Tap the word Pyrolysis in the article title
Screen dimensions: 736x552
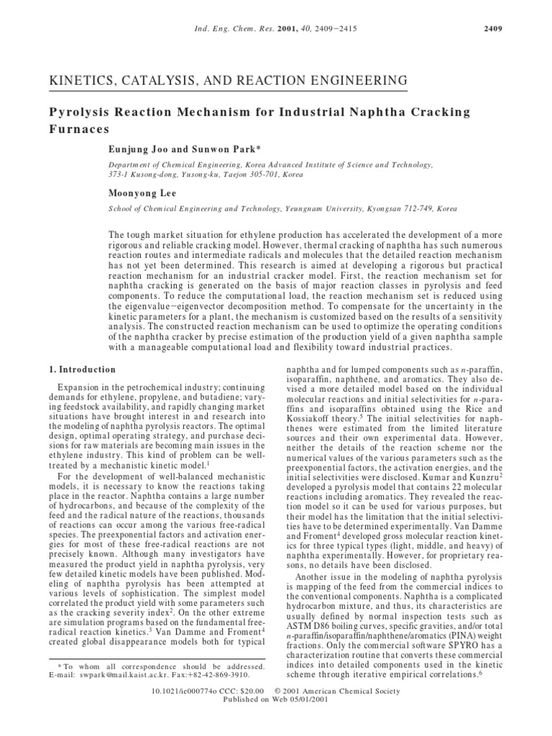point(78,113)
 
